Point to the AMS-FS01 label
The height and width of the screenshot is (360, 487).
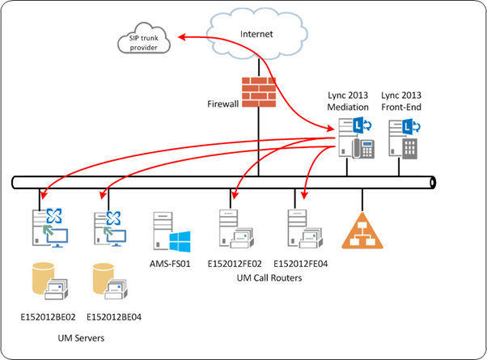[x=168, y=264]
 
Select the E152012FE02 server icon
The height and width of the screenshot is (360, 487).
[x=232, y=230]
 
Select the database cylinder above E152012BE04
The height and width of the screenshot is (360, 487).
[x=107, y=277]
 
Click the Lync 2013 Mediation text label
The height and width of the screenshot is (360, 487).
[x=349, y=100]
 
